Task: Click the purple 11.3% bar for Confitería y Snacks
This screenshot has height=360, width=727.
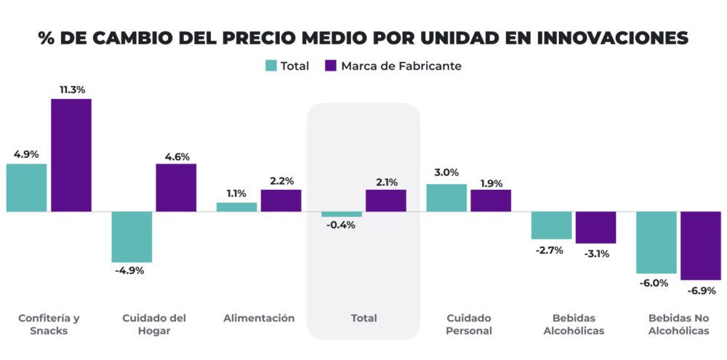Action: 71,155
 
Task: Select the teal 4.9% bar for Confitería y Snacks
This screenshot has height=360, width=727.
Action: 27,188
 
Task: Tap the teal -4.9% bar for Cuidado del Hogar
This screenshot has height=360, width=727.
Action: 132,237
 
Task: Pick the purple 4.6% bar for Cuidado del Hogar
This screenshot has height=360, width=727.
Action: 176,188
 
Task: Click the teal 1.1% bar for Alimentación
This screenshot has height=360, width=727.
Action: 237,207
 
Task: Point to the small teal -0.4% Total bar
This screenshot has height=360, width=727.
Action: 342,215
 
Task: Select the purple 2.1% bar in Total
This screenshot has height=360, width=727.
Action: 385,201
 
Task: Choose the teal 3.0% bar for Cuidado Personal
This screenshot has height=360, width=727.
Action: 446,198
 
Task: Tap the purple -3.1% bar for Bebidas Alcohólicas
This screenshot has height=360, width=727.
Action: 595,228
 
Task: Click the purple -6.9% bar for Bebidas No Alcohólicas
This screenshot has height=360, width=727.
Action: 700,246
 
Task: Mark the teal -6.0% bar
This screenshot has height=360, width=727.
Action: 656,243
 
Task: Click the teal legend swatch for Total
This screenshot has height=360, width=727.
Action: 270,66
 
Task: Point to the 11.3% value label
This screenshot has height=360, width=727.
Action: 71,89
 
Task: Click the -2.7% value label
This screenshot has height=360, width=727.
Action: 551,250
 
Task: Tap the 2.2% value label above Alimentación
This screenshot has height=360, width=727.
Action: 281,180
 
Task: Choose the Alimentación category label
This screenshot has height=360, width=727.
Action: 259,318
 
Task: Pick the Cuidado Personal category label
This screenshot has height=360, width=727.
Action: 468,324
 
